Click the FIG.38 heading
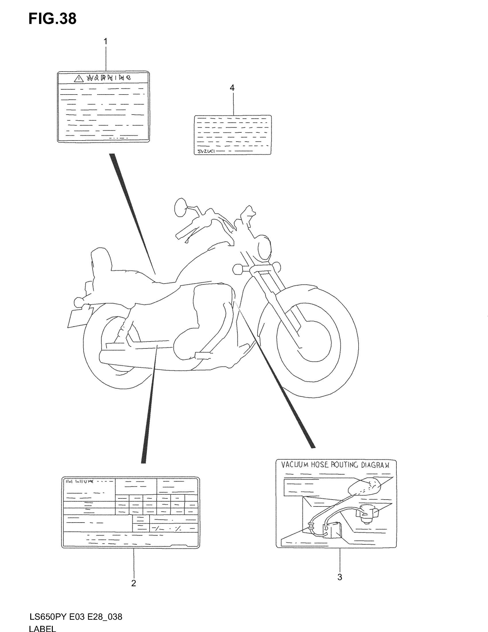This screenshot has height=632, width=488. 52,19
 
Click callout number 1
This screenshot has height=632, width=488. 106,42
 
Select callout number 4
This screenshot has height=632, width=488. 232,88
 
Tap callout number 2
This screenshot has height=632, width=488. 133,583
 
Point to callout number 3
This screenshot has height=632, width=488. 340,577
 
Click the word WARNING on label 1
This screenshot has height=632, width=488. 109,78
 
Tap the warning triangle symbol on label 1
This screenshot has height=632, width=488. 79,78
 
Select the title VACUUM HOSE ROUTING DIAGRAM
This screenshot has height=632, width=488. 335,465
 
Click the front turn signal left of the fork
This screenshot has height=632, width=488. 237,269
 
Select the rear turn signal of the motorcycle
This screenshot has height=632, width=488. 78,302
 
